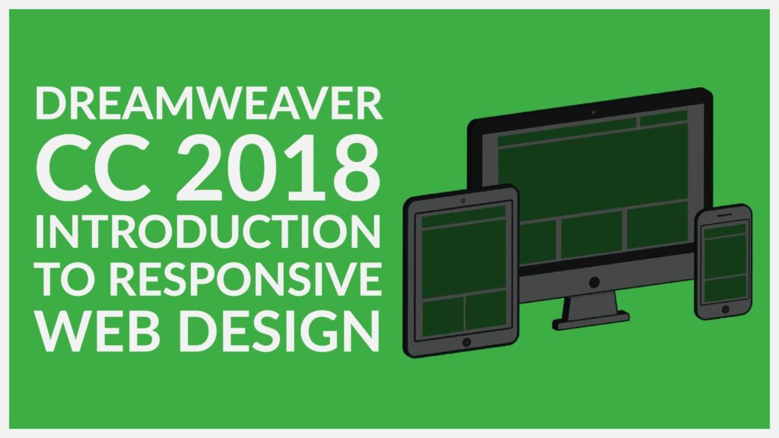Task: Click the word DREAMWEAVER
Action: point(208,103)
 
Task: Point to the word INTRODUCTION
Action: point(208,232)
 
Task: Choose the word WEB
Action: point(99,331)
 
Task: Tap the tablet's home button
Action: point(466,342)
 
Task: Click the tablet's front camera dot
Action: point(463,201)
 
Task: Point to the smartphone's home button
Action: point(725,309)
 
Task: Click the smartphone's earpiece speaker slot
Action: point(725,215)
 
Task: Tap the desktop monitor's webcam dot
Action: point(593,113)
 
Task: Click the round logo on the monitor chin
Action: point(594,283)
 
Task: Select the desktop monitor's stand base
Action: point(591,321)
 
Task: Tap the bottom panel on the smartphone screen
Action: point(726,288)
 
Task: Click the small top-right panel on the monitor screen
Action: point(663,118)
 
